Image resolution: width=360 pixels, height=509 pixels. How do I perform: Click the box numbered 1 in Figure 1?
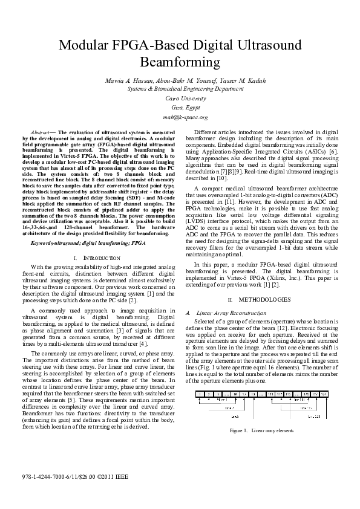click(x=200, y=393)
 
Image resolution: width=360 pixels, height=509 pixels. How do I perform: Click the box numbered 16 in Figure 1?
click(x=234, y=393)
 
